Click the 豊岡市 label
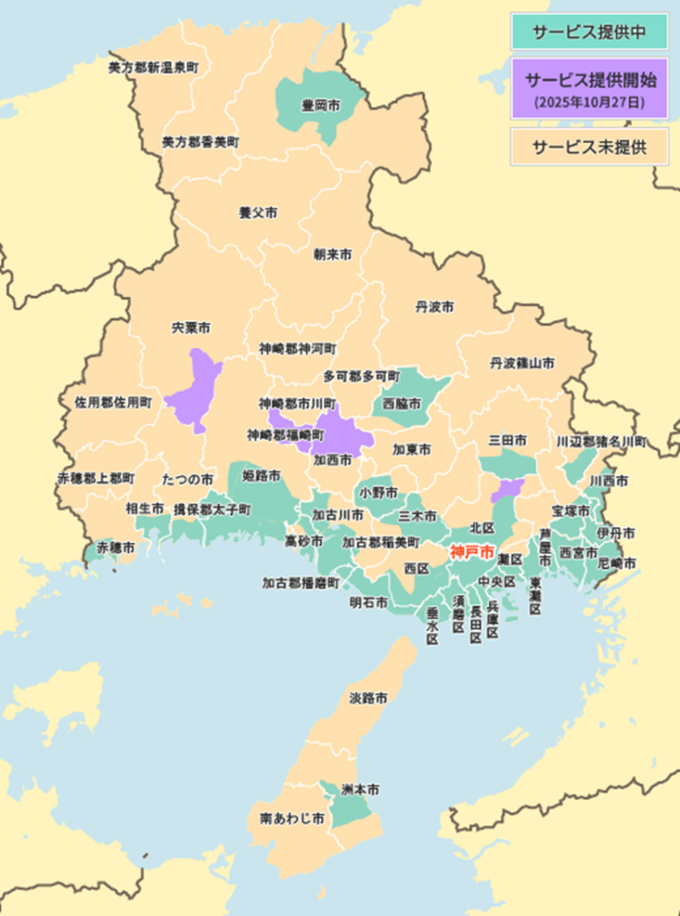click(320, 106)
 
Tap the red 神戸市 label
click(472, 552)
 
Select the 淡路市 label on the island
click(368, 698)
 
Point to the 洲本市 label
click(360, 790)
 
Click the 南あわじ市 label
click(292, 818)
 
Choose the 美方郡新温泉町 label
click(153, 67)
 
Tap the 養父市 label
click(258, 213)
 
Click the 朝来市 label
click(332, 255)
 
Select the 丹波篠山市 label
click(522, 363)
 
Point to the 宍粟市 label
click(191, 328)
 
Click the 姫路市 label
click(262, 475)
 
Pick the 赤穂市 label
click(116, 547)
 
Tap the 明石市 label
click(369, 603)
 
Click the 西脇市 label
click(402, 403)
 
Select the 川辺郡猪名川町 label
click(601, 442)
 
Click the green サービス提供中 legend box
click(589, 31)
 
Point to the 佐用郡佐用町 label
click(114, 403)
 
